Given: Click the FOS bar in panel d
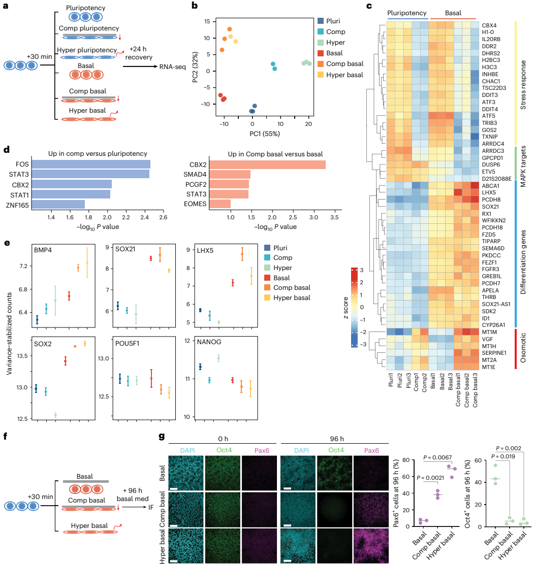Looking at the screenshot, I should pos(91,164).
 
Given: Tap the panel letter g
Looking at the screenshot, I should pos(162,437).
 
